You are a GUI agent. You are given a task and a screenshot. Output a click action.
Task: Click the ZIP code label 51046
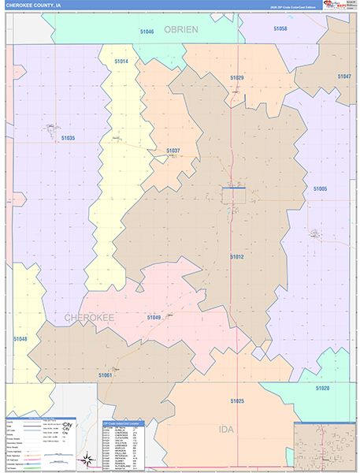coord(147,32)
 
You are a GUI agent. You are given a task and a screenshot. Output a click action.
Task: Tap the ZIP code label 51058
coord(280,28)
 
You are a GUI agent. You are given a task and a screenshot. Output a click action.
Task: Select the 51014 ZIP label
coord(121,61)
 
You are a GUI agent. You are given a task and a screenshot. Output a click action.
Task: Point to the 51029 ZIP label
coord(237,78)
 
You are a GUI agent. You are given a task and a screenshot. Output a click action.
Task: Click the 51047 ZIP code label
coord(344,76)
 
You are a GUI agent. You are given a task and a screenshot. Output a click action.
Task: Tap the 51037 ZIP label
coord(173,151)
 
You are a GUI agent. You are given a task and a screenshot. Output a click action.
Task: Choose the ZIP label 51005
coord(320,189)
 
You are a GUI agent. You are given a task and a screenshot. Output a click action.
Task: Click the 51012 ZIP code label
coord(237,257)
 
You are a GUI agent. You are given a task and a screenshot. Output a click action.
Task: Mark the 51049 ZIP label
coord(154,317)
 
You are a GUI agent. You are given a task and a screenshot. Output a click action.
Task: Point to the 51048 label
coord(20,339)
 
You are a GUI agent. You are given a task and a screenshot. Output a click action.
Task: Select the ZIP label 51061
coord(106,375)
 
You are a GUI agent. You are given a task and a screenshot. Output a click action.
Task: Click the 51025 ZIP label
coord(237,401)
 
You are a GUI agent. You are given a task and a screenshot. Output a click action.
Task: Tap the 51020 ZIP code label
coord(322,389)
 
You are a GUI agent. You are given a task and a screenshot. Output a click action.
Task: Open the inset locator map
coord(325,445)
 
